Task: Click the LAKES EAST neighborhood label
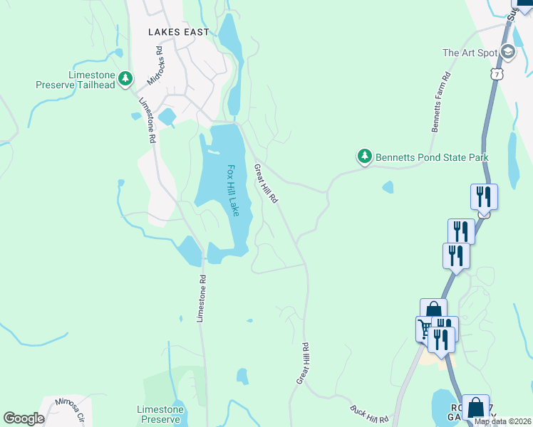coord(179,32)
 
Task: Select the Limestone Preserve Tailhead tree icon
coord(125,78)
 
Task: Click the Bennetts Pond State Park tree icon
coord(364,155)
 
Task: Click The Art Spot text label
coord(469,53)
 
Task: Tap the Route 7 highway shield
coord(497,74)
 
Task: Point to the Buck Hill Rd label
coord(368,413)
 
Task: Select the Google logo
coord(24,418)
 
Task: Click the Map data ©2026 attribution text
coord(502,421)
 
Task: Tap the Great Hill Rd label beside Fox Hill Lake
coord(265,184)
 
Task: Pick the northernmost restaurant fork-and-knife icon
coord(484,196)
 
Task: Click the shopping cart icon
coord(426,328)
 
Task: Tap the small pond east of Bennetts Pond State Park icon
coord(387,187)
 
